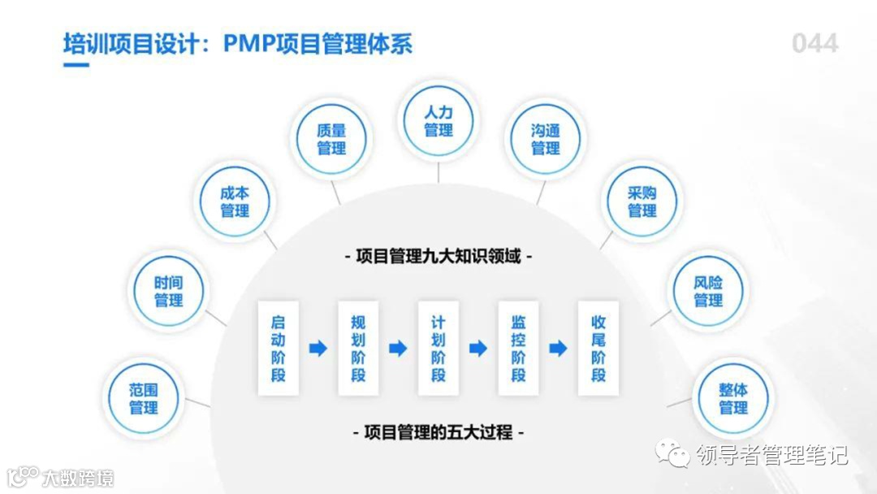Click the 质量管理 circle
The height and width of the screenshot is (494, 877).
tap(331, 139)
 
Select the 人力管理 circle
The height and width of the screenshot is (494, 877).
tap(438, 121)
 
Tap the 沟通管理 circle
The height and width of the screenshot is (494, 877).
tap(545, 139)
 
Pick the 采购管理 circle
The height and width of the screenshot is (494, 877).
tap(642, 201)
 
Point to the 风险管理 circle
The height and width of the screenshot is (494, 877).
tap(708, 291)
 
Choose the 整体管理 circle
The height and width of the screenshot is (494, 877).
tap(733, 398)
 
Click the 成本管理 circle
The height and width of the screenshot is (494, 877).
tap(235, 201)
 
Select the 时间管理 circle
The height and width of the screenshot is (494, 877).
tap(168, 291)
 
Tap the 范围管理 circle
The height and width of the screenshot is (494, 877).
tap(143, 398)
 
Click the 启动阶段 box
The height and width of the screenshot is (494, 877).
tap(279, 349)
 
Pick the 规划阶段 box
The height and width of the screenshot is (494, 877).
tap(358, 349)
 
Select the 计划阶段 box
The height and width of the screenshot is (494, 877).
tap(438, 349)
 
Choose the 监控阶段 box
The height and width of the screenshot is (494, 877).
tap(518, 349)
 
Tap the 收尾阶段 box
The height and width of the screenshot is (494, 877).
tap(598, 349)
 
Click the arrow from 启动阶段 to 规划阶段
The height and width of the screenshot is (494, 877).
tap(318, 349)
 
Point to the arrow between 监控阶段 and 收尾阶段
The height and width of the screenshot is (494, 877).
tap(558, 349)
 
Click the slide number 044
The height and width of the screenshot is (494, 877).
tap(814, 43)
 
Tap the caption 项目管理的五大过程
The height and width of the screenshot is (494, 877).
tap(438, 432)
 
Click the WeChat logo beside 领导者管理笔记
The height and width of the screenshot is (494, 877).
tap(673, 453)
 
